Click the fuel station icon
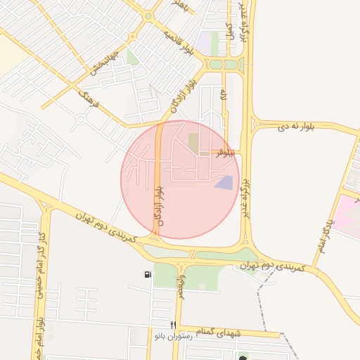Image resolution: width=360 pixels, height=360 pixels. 146,274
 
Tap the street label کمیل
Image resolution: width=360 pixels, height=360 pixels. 229,30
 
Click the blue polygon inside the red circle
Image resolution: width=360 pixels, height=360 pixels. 224,183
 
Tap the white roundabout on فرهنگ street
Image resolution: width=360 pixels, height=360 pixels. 81,119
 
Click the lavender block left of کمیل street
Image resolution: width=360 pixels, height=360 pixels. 205,41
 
